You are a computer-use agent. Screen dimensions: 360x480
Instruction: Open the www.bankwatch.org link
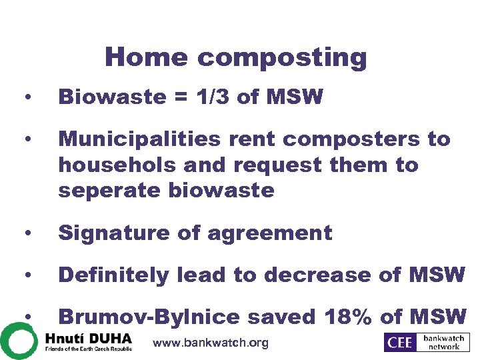click(211, 343)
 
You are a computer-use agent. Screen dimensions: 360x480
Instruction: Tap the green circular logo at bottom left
click(18, 341)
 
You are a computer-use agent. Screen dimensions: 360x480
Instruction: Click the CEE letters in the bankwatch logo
click(401, 343)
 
